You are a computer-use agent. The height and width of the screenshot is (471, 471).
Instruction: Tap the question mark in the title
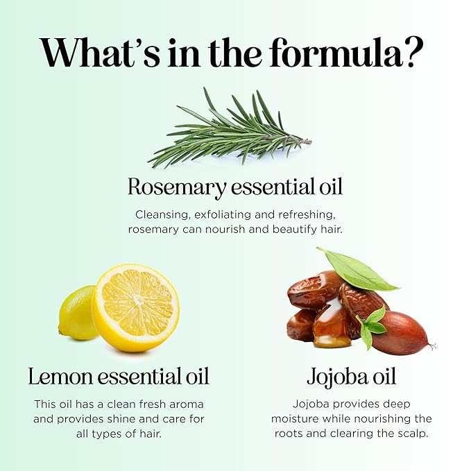(413, 53)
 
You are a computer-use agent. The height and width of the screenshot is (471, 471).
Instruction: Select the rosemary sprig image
(230, 128)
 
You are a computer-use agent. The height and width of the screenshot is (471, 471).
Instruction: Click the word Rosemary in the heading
(177, 187)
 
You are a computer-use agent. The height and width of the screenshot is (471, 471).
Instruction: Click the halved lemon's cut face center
(137, 301)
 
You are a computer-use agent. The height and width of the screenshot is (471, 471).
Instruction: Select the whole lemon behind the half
(78, 313)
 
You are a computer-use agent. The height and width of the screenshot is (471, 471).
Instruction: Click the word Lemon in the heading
(60, 377)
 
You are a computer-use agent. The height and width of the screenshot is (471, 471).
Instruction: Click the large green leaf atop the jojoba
(357, 269)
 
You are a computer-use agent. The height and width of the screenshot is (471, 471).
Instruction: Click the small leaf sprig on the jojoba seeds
(371, 327)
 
